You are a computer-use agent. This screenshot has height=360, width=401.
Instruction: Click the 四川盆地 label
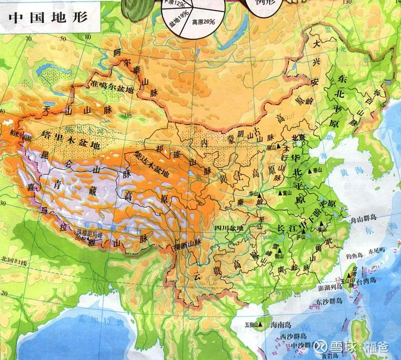(x=229, y=228)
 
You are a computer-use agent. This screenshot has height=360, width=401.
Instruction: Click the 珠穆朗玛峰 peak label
(x=89, y=234)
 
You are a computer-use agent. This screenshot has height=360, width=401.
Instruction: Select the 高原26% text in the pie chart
(x=203, y=22)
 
